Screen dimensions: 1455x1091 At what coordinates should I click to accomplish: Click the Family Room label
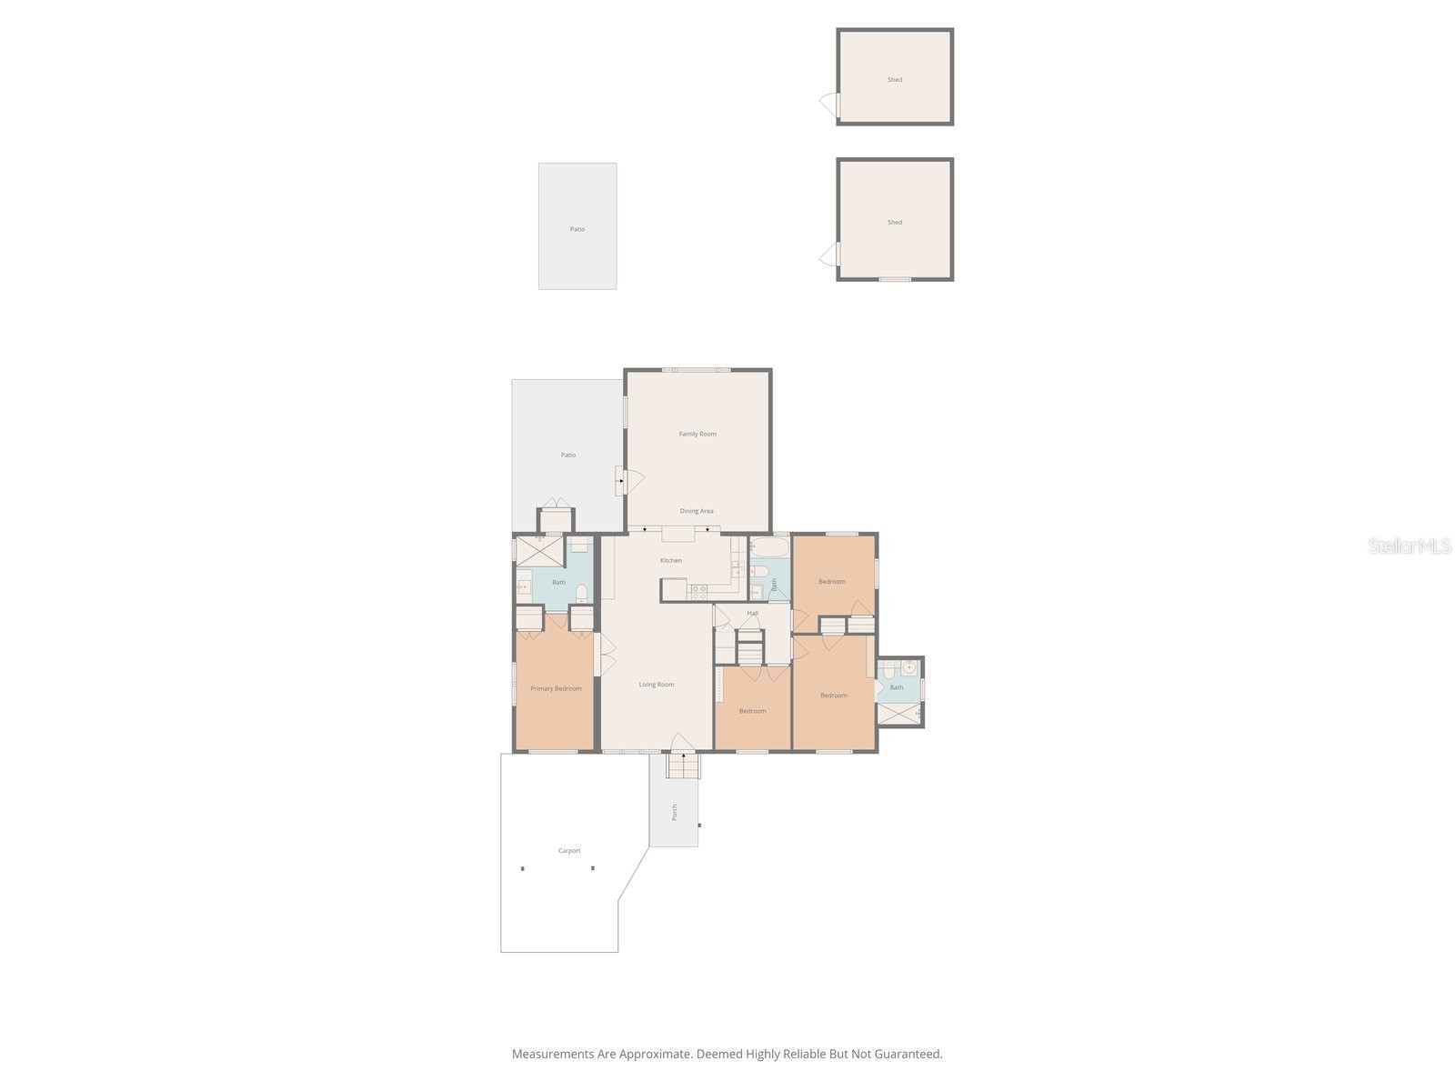(697, 434)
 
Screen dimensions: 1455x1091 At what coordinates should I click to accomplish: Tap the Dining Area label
(696, 511)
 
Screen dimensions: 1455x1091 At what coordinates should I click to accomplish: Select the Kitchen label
(671, 560)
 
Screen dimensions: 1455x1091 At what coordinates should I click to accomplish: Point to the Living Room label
(657, 685)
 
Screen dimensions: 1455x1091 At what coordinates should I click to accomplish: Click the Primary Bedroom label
(556, 688)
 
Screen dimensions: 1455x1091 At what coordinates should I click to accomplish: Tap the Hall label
(752, 614)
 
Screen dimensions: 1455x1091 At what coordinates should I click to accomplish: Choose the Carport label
(568, 851)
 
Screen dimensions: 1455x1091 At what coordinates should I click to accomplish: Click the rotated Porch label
(674, 812)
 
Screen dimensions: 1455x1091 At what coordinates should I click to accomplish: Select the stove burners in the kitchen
(698, 592)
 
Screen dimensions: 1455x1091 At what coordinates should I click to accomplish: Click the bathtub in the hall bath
(769, 547)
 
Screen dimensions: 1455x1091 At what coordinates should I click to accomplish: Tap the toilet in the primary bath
(581, 593)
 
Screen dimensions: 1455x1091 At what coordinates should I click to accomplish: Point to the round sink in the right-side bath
(908, 667)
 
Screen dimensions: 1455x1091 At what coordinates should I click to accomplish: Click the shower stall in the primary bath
(539, 552)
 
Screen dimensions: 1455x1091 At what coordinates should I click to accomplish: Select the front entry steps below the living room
(684, 766)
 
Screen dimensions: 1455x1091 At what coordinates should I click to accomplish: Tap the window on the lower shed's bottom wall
(894, 279)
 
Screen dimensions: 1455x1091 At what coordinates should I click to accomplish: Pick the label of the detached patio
(577, 229)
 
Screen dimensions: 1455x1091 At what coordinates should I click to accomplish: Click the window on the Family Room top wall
(696, 370)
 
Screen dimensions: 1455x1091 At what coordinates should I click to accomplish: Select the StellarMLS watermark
(1410, 545)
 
